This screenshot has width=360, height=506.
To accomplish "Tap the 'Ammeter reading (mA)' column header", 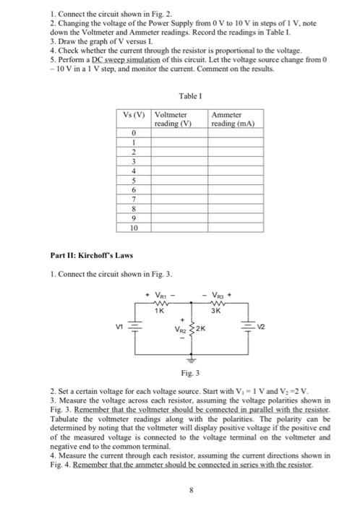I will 232,119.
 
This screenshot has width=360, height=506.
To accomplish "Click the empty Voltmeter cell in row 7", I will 180,197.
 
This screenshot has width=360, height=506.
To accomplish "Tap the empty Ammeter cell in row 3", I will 236,161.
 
